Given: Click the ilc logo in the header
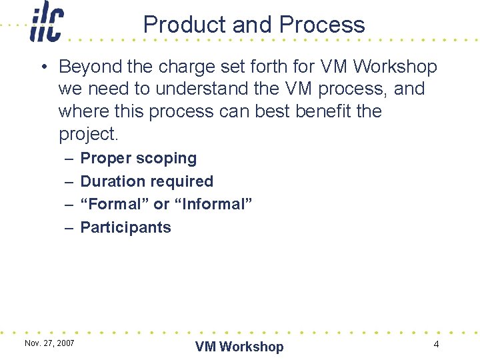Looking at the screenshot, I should point(46,23).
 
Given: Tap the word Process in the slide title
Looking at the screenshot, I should point(322,25).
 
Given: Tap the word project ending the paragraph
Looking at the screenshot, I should point(87,134).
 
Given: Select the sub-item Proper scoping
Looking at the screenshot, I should point(139,159).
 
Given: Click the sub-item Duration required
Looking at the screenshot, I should point(147,181).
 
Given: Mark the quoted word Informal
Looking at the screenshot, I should point(213,204).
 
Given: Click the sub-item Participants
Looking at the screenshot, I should point(125,227).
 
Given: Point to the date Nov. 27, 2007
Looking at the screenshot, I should point(49,343).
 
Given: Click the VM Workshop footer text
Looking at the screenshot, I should point(239,347).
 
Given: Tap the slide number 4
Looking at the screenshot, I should point(436,345).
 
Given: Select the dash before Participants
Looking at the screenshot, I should point(69,227).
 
